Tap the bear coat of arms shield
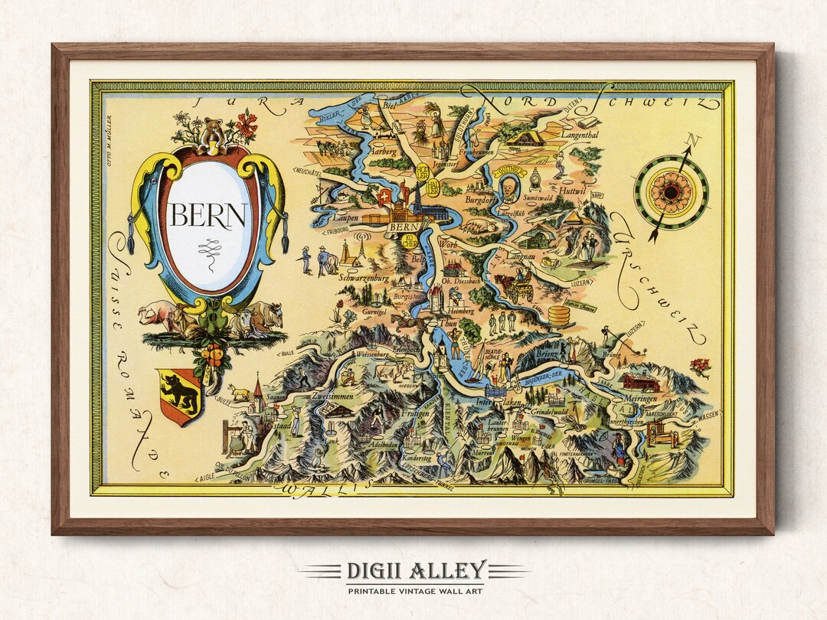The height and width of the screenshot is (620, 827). [x=179, y=394]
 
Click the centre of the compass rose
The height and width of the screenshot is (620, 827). [x=672, y=191]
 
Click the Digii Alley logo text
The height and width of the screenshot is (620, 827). [x=413, y=570]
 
